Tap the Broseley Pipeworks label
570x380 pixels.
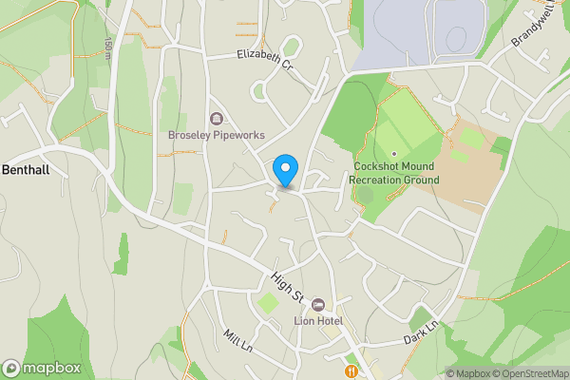pos(217,135)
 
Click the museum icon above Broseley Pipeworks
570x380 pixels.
pos(217,119)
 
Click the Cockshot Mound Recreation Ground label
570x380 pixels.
pos(391,172)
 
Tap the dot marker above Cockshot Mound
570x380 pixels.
pos(393,153)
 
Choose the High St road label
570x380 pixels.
pos(286,288)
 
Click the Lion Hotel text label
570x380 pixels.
pos(317,320)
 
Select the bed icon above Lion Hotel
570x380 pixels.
pos(317,304)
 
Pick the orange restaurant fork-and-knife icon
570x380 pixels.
pos(351,370)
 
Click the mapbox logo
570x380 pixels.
pos(41,368)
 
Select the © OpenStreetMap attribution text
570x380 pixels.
pos(528,373)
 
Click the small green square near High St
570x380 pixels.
pos(269,304)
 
